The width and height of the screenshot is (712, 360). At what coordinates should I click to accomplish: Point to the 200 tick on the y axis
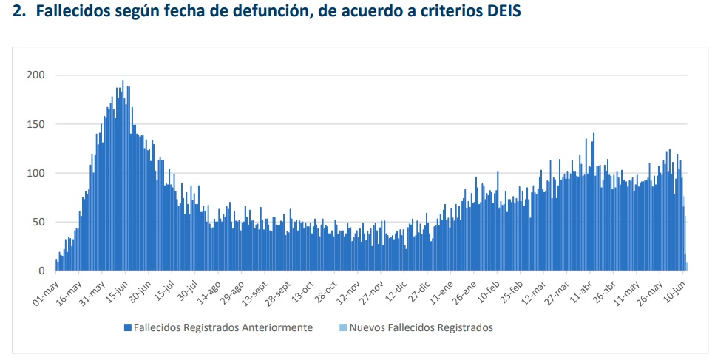(36, 75)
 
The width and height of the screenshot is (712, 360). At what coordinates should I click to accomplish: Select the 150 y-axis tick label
(36, 124)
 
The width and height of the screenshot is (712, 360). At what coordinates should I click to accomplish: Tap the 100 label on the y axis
(36, 173)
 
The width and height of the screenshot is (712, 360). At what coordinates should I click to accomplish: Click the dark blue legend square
(128, 327)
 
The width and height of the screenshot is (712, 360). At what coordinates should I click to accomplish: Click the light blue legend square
(343, 327)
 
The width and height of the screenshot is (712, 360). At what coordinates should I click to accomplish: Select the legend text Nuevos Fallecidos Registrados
(421, 327)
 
